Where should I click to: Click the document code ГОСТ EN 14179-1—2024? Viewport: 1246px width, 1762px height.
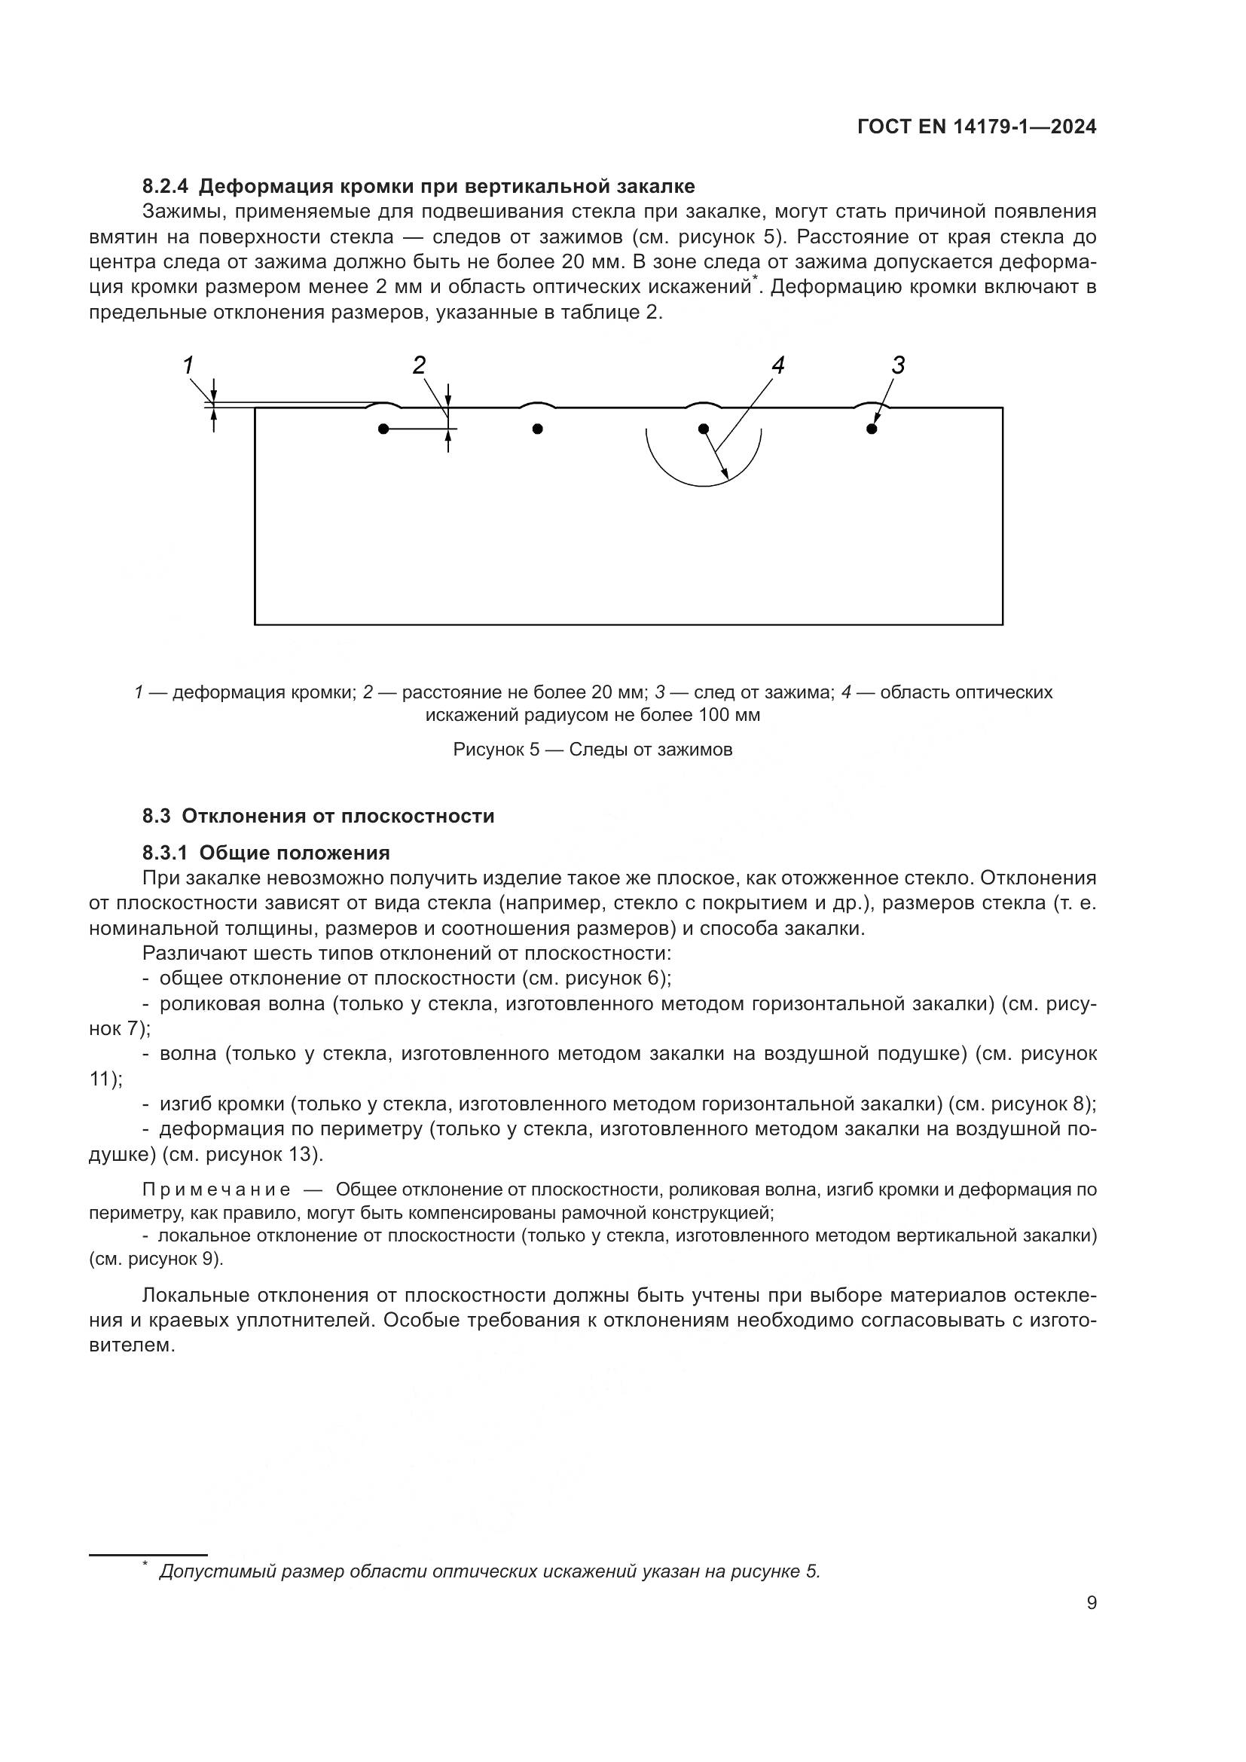pyautogui.click(x=976, y=127)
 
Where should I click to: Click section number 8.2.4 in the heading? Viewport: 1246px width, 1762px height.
pyautogui.click(x=165, y=187)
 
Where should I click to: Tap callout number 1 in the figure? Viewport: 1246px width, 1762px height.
pyautogui.click(x=188, y=365)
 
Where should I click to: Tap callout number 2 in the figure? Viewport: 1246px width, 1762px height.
pyautogui.click(x=419, y=365)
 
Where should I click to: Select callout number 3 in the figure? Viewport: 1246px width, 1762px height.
pyautogui.click(x=898, y=365)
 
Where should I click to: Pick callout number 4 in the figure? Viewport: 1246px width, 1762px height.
pyautogui.click(x=777, y=365)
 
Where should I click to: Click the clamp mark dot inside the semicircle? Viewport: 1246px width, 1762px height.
pyautogui.click(x=704, y=429)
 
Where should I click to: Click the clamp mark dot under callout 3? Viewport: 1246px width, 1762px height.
pyautogui.click(x=872, y=429)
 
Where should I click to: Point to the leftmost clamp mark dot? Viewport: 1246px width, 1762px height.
pyautogui.click(x=383, y=429)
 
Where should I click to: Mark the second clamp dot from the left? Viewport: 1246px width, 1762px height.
pyautogui.click(x=537, y=429)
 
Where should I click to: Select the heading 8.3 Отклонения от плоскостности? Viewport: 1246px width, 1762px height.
pyautogui.click(x=318, y=816)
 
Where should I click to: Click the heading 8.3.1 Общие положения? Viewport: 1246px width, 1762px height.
pyautogui.click(x=265, y=853)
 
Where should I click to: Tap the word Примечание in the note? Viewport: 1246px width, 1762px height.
pyautogui.click(x=216, y=1190)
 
